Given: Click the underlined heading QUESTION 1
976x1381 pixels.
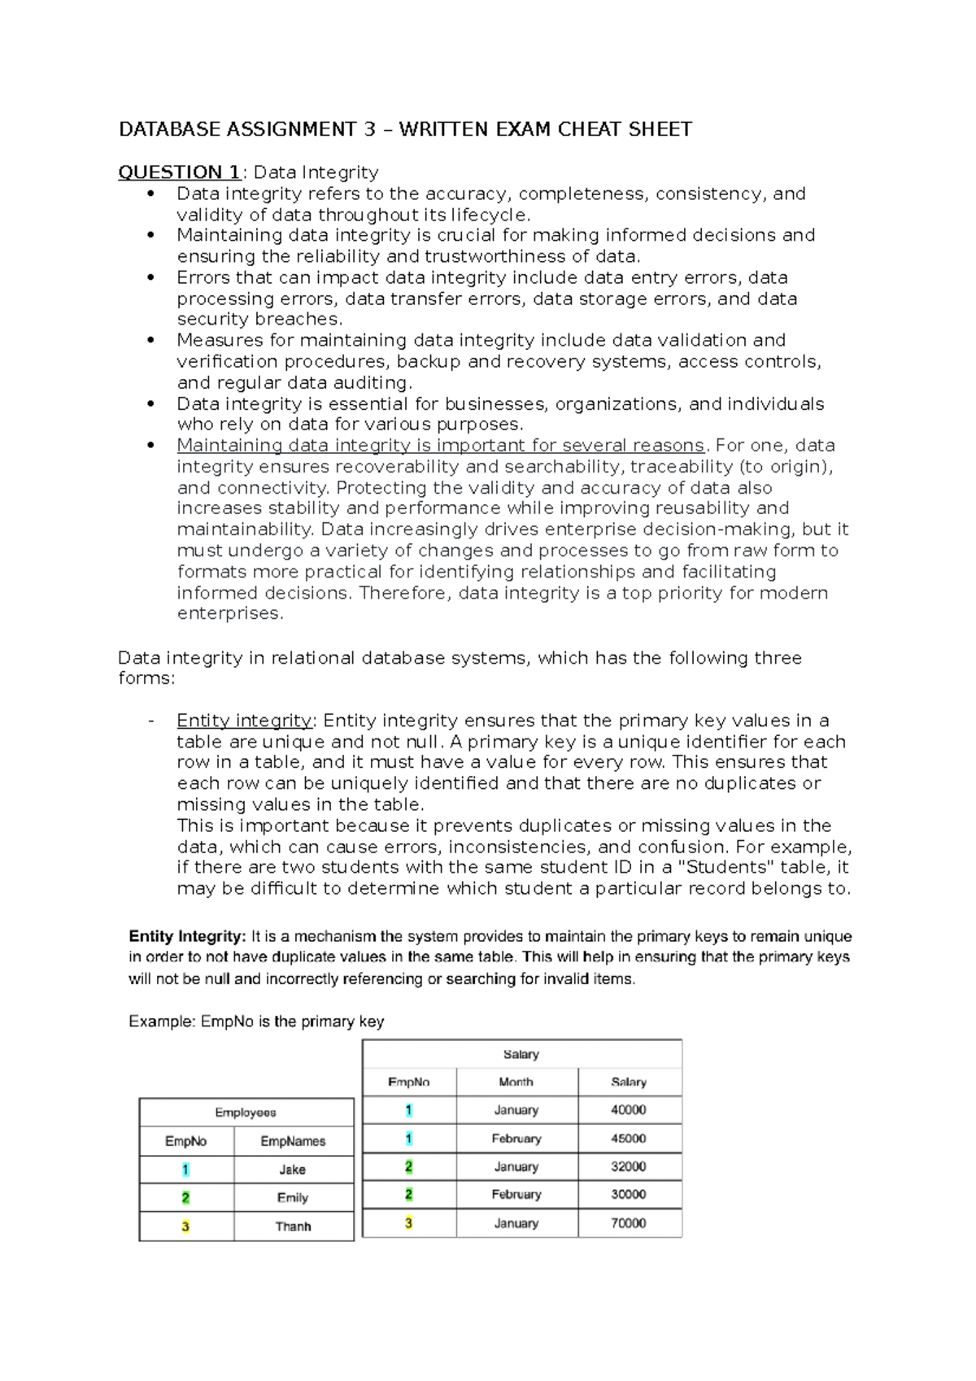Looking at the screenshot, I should pyautogui.click(x=179, y=172).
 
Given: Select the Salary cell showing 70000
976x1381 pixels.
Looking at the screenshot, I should pyautogui.click(x=628, y=1223).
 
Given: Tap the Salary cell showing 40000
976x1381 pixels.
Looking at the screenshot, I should pyautogui.click(x=628, y=1110).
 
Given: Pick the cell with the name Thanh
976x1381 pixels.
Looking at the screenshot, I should pyautogui.click(x=293, y=1226).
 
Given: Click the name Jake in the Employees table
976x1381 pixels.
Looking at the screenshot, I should pyautogui.click(x=293, y=1170).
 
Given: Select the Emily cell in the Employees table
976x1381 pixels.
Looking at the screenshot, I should pyautogui.click(x=293, y=1198).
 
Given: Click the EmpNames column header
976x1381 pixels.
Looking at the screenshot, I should pyautogui.click(x=293, y=1141).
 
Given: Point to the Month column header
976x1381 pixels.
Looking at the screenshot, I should pyautogui.click(x=516, y=1082).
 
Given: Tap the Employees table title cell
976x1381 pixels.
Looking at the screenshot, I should pyautogui.click(x=246, y=1113).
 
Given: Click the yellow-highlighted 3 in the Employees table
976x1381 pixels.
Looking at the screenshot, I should pyautogui.click(x=185, y=1226).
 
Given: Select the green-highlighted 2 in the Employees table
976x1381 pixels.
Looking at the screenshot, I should pyautogui.click(x=185, y=1198).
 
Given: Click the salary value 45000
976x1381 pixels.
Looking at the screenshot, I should pyautogui.click(x=628, y=1139).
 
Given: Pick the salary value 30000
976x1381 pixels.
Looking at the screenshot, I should pyautogui.click(x=628, y=1195).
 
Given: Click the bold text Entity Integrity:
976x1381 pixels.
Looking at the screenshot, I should pyautogui.click(x=187, y=936).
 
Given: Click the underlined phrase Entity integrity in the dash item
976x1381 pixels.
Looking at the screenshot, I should pyautogui.click(x=244, y=721).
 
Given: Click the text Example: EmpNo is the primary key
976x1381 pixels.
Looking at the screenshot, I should pyautogui.click(x=256, y=1022).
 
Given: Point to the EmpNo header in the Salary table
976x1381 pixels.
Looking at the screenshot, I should pyautogui.click(x=408, y=1082).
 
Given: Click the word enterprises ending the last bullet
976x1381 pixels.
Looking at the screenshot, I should pyautogui.click(x=229, y=614).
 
